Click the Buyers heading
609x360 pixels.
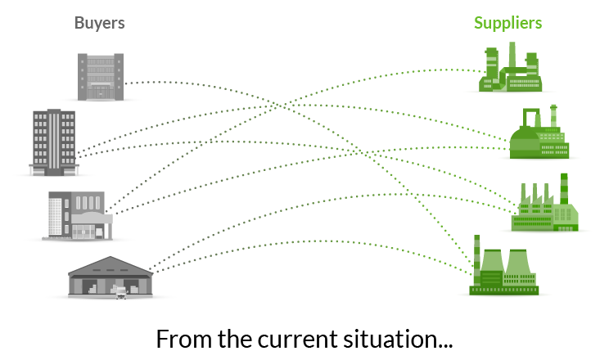[x=99, y=23]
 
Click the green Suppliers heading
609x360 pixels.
[x=508, y=23]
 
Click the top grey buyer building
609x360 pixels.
[x=101, y=76]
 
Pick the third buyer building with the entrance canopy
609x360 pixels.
[x=79, y=214]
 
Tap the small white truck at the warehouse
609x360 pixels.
[x=122, y=291]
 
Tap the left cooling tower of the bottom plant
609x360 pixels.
[x=493, y=265]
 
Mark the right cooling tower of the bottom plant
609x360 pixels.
[x=521, y=265]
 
